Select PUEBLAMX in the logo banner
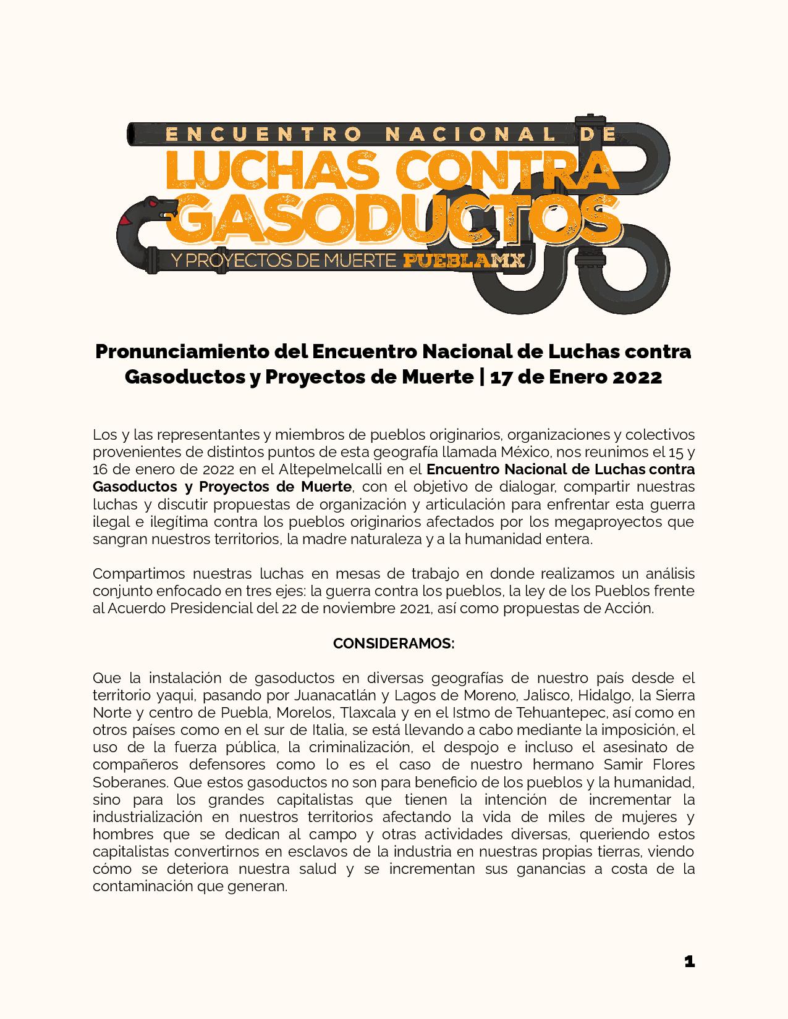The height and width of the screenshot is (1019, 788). [x=464, y=261]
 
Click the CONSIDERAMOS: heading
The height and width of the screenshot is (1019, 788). [x=394, y=644]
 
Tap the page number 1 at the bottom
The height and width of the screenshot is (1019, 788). [x=690, y=962]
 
